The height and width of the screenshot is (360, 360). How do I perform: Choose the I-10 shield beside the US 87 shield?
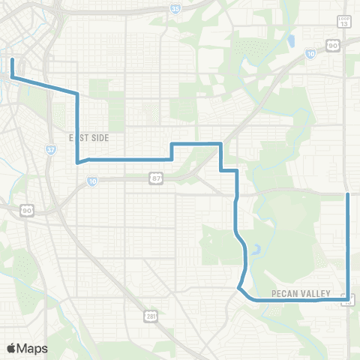tap(92, 181)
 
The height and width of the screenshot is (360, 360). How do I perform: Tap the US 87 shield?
tap(155, 178)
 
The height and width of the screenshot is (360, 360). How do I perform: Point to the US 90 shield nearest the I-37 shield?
tap(26, 211)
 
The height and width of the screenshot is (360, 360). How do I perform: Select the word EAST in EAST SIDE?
tap(79, 138)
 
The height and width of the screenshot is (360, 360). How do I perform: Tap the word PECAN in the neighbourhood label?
tap(285, 292)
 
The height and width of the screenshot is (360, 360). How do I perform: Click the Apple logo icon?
tap(12, 348)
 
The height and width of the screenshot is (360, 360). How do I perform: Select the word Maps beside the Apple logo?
tap(33, 348)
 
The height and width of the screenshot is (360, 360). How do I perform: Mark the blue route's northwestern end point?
tap(13, 56)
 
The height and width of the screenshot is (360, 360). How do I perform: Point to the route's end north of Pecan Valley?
tap(348, 193)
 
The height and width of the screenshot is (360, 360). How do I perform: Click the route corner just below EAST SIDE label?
tap(77, 161)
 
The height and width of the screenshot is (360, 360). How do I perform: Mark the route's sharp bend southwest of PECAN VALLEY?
tap(238, 287)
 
